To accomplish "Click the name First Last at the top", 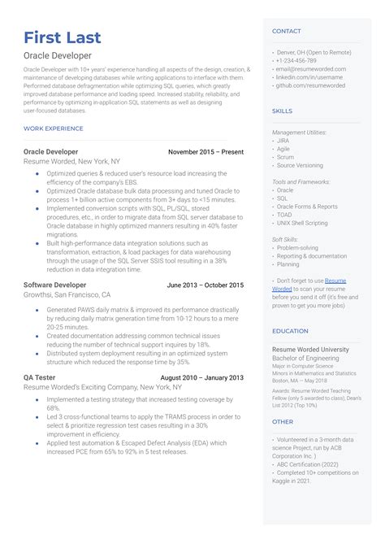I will tap(64, 38).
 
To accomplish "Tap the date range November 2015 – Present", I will tap(205, 151).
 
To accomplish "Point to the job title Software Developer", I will tap(54, 285).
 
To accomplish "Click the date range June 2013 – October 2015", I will tap(205, 285).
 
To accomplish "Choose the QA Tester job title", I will tap(40, 377).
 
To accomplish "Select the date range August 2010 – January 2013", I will tap(201, 377).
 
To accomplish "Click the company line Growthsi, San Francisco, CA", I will tap(67, 295).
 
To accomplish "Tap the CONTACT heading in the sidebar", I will tap(286, 31).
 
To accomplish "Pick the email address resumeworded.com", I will tap(311, 69).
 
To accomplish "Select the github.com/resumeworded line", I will tap(310, 85).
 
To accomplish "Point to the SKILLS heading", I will tap(282, 111).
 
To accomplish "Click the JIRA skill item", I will tap(283, 140).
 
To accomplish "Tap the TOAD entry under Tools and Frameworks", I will tap(284, 215).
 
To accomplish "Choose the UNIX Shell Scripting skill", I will tap(302, 223).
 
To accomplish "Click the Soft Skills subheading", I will tap(286, 239).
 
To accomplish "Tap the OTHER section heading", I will tap(283, 422).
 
